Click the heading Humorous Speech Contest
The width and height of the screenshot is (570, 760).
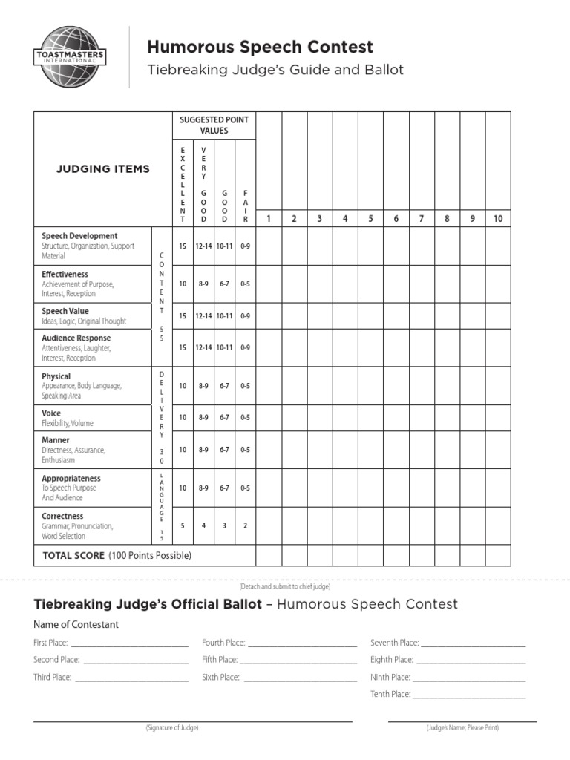(x=260, y=47)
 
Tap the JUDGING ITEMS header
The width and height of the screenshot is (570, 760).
(x=103, y=168)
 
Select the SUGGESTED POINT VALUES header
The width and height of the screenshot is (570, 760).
(x=214, y=125)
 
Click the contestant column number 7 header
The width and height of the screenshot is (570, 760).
(x=421, y=218)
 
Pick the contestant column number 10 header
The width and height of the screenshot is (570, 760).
(x=497, y=218)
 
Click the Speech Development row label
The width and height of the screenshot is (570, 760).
(x=79, y=236)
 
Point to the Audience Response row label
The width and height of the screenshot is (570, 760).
(x=76, y=338)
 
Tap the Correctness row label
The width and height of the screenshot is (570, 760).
(x=62, y=516)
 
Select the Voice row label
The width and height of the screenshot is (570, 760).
(x=51, y=413)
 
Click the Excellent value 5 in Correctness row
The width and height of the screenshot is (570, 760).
(x=183, y=526)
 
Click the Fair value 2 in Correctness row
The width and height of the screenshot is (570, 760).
(x=245, y=526)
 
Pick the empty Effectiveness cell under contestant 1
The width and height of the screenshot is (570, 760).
(x=269, y=284)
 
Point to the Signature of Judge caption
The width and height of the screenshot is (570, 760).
(x=172, y=728)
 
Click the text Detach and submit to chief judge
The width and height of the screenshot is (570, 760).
(x=284, y=586)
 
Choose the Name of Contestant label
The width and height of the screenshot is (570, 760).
(x=76, y=624)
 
